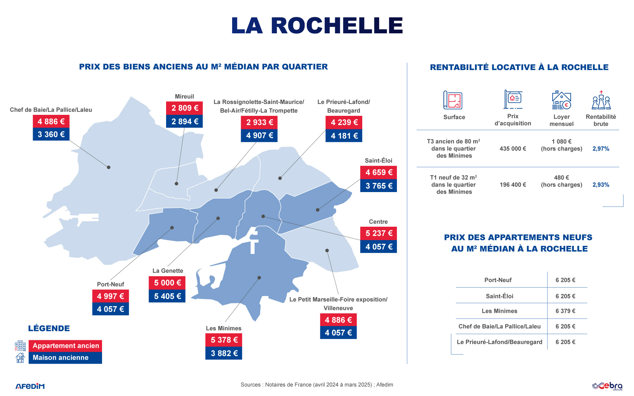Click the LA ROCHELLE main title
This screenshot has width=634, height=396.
[x=317, y=26]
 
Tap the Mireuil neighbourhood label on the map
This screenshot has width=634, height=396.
[x=184, y=96]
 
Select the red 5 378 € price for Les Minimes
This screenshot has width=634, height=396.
[x=224, y=340]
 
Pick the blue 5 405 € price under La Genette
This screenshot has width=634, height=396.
[x=167, y=296]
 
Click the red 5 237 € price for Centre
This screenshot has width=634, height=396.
[x=378, y=233]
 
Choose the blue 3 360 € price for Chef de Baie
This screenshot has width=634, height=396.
[x=51, y=134]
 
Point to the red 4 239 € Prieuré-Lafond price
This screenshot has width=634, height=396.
[x=344, y=122]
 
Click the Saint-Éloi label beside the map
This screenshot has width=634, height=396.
[x=378, y=161]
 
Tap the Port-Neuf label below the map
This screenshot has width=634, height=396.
[x=110, y=284]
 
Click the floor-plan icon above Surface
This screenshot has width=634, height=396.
[x=453, y=100]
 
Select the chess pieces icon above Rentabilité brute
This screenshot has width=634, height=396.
[x=601, y=100]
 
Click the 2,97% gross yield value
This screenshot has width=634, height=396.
[x=601, y=149]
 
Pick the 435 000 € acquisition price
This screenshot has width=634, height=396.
[x=512, y=149]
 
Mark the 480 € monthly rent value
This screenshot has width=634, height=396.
[x=561, y=178]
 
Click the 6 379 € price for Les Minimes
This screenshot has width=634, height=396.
[x=565, y=311]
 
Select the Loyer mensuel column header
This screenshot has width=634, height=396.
[x=561, y=120]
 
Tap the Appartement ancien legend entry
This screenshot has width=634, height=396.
[x=65, y=346]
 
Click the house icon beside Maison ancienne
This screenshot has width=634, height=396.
[x=20, y=358]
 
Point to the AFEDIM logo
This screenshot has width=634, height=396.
[x=30, y=386]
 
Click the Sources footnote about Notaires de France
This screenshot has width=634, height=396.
[x=317, y=385]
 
